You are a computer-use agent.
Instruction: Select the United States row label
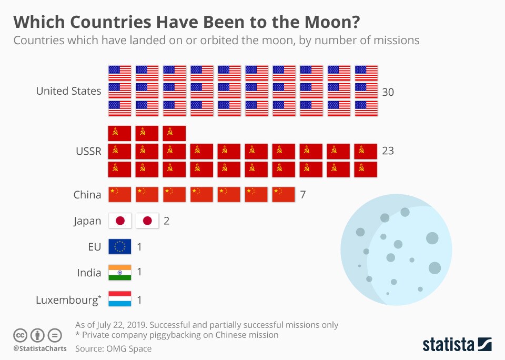click(68, 91)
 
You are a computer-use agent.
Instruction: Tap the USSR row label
click(88, 151)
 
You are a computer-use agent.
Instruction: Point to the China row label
click(87, 195)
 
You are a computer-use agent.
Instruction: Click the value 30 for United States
click(388, 92)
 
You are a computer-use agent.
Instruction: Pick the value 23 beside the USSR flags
click(388, 151)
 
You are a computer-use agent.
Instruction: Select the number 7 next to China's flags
click(303, 195)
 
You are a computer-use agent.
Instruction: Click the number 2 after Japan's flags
click(166, 221)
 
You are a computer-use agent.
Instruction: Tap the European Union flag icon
click(119, 246)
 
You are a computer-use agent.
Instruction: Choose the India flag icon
click(119, 272)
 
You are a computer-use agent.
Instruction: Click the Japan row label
click(87, 221)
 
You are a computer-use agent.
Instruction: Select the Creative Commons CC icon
click(21, 335)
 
